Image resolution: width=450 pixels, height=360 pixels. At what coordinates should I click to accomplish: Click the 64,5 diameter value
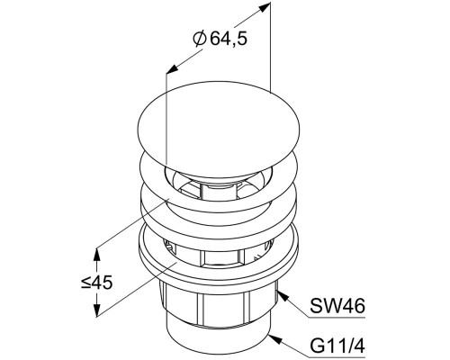[229, 39]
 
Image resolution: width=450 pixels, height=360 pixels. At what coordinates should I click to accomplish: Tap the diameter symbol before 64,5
[200, 39]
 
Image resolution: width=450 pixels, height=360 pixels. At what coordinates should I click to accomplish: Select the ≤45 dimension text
[96, 283]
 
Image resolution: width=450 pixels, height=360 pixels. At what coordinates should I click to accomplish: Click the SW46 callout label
[337, 306]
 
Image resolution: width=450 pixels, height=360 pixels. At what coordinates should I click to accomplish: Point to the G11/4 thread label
[337, 346]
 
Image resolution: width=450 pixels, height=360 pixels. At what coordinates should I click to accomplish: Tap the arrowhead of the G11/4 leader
[275, 339]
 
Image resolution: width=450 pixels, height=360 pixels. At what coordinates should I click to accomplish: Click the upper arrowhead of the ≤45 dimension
[96, 255]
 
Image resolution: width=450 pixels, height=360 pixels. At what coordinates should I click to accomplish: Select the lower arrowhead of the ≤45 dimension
[96, 310]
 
